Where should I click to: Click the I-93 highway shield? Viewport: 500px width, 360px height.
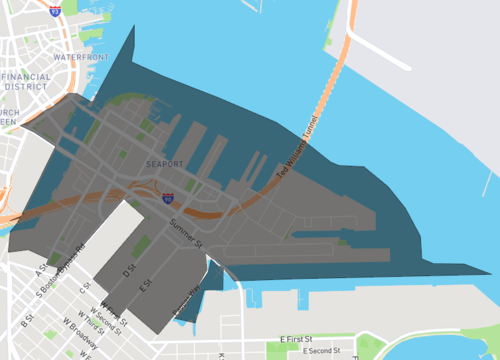(x=53, y=11)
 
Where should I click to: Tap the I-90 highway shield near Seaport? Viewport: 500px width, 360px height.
(x=167, y=199)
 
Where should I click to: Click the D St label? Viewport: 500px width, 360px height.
(x=128, y=271)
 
